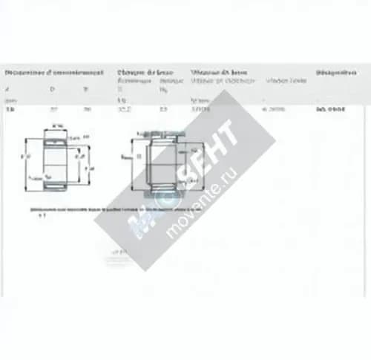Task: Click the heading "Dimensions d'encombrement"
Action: (54, 73)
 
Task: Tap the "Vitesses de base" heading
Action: (218, 73)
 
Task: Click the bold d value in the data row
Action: (9, 109)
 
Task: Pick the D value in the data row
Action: (53, 109)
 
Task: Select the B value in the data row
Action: (87, 109)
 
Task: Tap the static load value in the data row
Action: (163, 109)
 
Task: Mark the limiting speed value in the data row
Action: (274, 109)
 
